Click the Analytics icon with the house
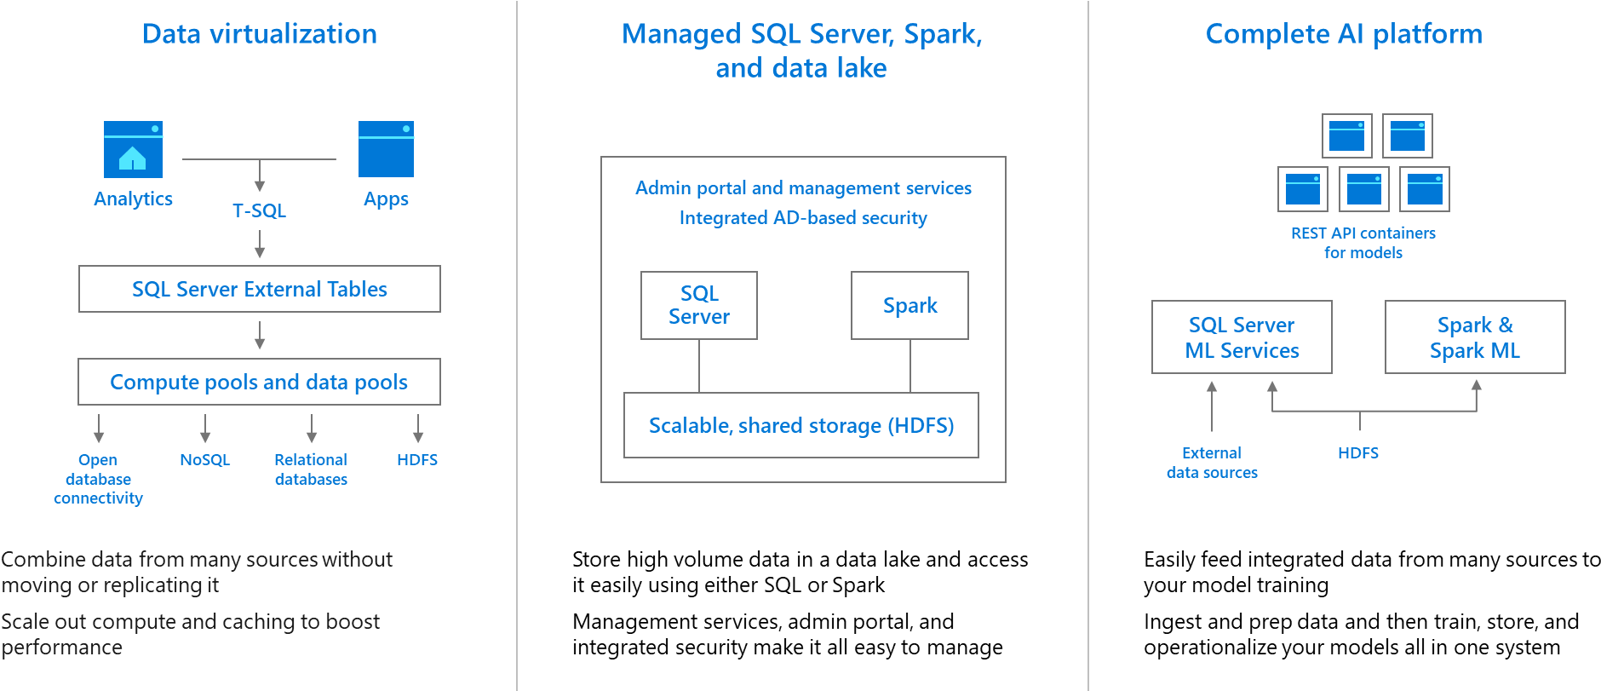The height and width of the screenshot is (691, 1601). click(133, 149)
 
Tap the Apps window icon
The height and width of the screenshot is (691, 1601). click(386, 149)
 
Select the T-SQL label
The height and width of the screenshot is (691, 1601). click(259, 210)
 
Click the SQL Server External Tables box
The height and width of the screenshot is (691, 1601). click(259, 289)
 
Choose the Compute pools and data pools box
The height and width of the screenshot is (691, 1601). click(259, 382)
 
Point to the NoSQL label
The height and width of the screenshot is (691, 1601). click(205, 460)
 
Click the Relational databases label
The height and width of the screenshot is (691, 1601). click(311, 469)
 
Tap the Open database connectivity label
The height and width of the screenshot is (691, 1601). click(98, 479)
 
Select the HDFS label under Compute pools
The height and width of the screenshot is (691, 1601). click(417, 460)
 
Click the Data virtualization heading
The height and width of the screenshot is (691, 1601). click(259, 34)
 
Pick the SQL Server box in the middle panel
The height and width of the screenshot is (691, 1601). click(698, 305)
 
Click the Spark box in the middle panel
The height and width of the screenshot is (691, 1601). click(910, 305)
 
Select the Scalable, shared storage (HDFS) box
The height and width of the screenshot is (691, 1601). click(800, 425)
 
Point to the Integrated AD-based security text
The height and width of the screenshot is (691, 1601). click(802, 218)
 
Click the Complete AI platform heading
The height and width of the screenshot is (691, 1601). click(1344, 34)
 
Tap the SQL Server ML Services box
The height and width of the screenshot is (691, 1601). click(1242, 337)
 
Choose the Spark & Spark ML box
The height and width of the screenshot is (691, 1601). click(1475, 337)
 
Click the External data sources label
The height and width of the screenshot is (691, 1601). click(1212, 463)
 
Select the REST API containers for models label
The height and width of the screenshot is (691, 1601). click(1363, 243)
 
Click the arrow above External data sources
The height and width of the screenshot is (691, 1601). click(1212, 406)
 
